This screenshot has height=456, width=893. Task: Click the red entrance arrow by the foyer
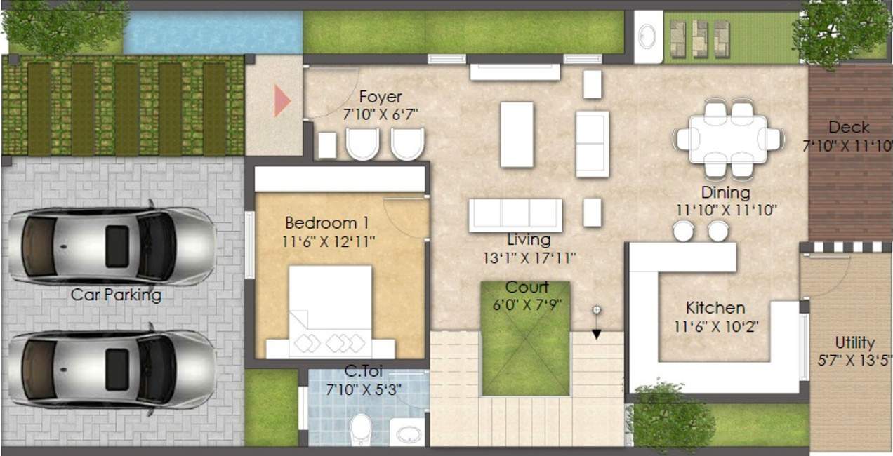(282, 101)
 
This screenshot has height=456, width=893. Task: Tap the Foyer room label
(381, 97)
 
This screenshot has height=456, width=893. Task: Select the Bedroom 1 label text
(326, 223)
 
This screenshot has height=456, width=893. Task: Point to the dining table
(728, 139)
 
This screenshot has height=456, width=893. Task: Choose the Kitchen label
(715, 307)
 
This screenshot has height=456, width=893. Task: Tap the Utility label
(854, 343)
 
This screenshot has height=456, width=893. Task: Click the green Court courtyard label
(527, 288)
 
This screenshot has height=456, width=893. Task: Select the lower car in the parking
(111, 369)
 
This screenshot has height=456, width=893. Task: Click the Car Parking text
(116, 295)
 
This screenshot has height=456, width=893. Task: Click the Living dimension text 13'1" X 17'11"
(529, 257)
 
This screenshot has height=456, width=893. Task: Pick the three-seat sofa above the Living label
(515, 214)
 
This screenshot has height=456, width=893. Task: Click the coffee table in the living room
(517, 134)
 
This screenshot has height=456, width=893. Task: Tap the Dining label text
(725, 192)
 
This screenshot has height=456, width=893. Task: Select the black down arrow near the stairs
(596, 333)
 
